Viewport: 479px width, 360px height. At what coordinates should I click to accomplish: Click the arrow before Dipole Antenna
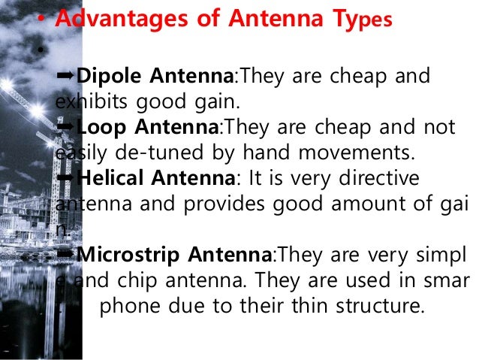[67, 76]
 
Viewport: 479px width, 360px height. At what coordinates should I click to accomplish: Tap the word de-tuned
[144, 154]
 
